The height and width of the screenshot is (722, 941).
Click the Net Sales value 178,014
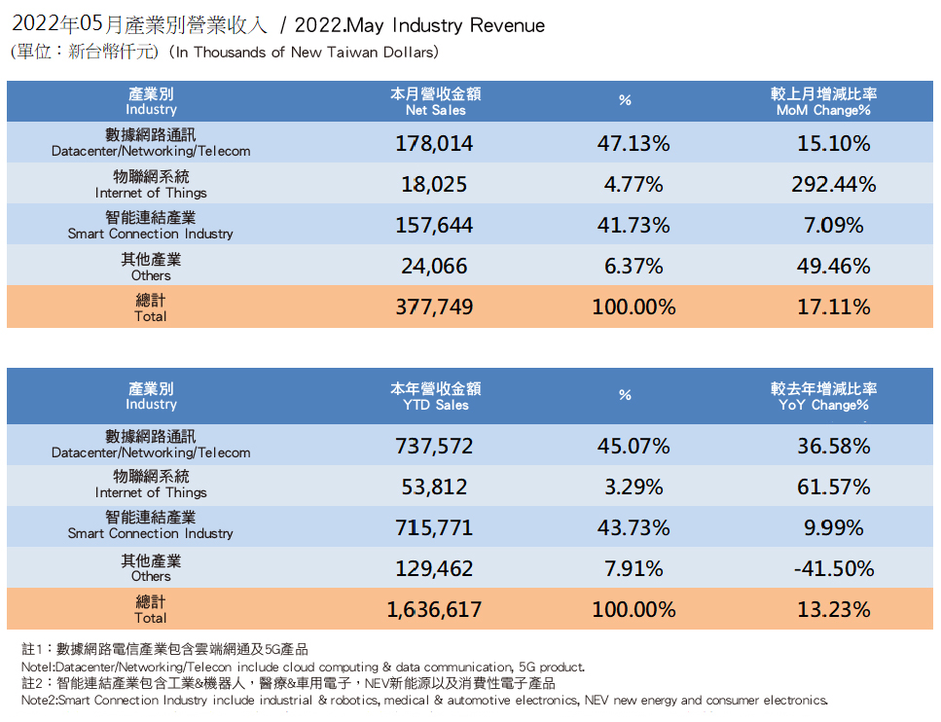[434, 144]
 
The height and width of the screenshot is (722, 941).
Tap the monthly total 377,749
[434, 307]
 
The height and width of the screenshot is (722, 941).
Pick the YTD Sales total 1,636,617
[434, 610]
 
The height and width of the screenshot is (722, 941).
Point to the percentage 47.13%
[633, 144]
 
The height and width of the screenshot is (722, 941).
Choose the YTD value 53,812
[434, 487]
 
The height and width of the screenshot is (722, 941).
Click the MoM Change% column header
[823, 102]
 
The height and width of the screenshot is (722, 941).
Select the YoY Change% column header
[823, 397]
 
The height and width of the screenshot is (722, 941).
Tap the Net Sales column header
[435, 102]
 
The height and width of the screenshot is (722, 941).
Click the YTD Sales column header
[435, 397]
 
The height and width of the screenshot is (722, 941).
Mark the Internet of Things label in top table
[151, 185]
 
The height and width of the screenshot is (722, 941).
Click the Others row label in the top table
[151, 267]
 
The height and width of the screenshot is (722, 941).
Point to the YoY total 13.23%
[834, 610]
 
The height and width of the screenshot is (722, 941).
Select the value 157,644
[434, 226]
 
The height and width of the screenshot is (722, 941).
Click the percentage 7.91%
[633, 569]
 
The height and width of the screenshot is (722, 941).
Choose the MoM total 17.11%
[834, 307]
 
